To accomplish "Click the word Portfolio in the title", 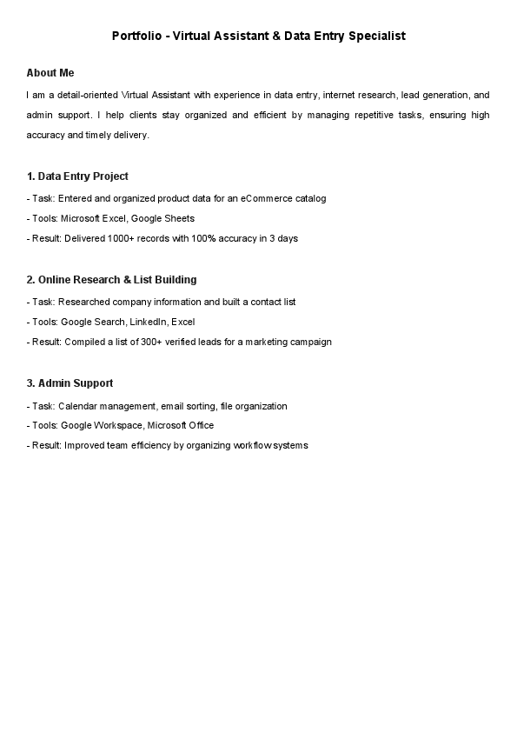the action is click(x=137, y=37).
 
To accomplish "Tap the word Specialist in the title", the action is click(x=375, y=37).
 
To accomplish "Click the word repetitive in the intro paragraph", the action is click(x=349, y=115).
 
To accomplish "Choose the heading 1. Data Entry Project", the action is click(x=77, y=176).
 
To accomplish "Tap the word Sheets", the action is click(x=180, y=218).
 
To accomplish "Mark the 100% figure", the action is click(x=209, y=238).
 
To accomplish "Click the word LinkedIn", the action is click(x=149, y=322).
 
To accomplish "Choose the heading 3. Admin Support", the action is click(x=70, y=383).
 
